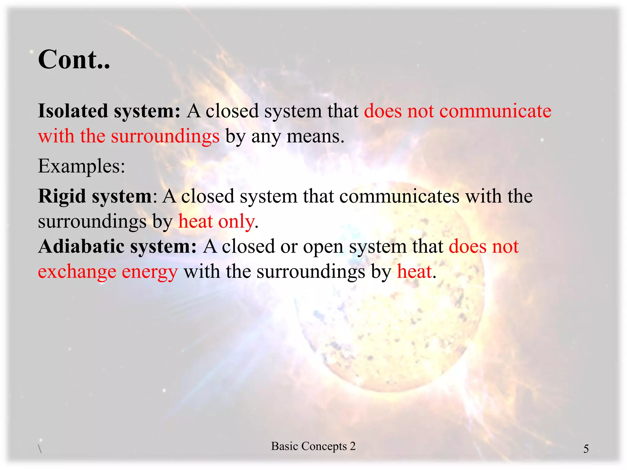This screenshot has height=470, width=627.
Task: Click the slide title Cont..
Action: point(73,59)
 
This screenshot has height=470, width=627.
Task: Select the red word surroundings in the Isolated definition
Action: point(165,136)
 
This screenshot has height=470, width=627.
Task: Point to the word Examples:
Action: point(81,166)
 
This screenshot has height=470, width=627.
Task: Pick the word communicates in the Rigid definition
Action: point(399,196)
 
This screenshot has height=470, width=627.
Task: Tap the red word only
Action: point(236,221)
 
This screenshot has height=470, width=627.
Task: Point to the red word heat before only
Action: point(195,221)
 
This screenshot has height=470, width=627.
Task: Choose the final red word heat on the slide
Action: point(414,271)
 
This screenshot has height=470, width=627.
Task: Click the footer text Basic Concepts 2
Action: point(313,446)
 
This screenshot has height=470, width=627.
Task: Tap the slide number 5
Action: point(586,449)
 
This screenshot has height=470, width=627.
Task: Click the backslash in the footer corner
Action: point(40,449)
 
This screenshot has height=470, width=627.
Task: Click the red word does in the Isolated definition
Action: point(383,111)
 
